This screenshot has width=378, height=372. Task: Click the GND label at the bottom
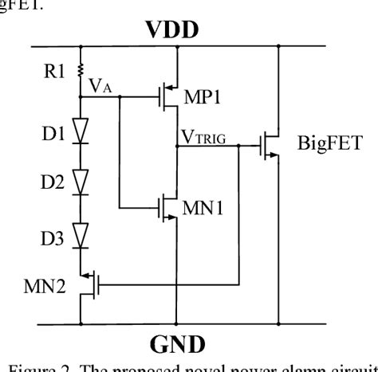(x=177, y=346)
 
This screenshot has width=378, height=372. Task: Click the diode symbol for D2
(x=81, y=183)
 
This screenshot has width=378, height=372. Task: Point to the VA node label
(x=100, y=87)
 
